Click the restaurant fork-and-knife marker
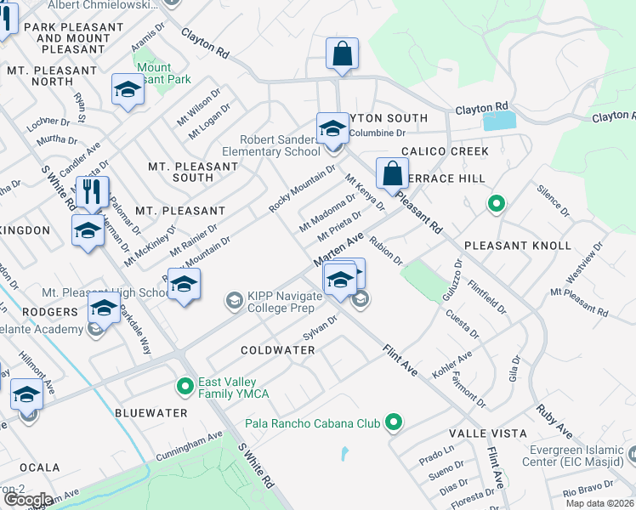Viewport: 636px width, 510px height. pyautogui.click(x=93, y=191)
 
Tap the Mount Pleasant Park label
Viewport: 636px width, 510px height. pyautogui.click(x=154, y=73)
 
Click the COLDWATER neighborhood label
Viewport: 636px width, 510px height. pyautogui.click(x=278, y=350)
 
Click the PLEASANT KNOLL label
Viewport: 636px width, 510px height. pyautogui.click(x=518, y=246)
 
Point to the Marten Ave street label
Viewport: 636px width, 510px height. pyautogui.click(x=338, y=248)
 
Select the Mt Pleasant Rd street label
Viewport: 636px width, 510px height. pyautogui.click(x=579, y=303)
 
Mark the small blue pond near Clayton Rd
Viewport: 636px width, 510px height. pyautogui.click(x=499, y=121)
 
